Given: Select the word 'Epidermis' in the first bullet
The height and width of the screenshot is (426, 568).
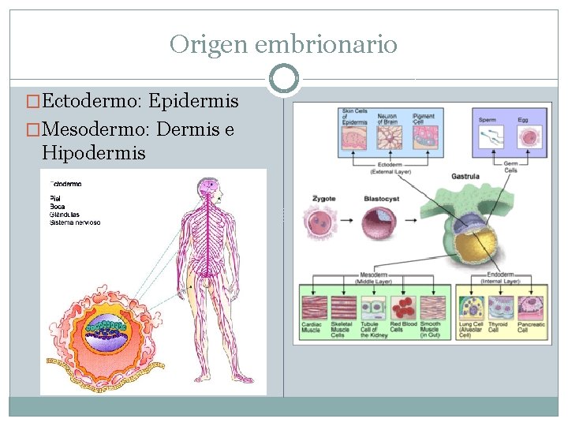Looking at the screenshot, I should coord(192,102).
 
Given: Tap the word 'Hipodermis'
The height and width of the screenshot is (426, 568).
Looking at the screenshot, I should coord(94,152).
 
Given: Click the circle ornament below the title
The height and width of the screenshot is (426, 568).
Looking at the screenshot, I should coord(283,79).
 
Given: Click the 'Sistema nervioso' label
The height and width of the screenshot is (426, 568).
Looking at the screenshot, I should coord(75,222).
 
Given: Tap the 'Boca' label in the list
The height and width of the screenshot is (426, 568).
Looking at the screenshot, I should coord(57,206).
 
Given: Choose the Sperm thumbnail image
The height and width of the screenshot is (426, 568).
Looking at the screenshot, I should coord(488,136).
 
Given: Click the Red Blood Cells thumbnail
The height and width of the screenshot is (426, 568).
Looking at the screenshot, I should coord(403,308).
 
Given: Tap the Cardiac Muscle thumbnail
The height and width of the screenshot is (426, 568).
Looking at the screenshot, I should coord(315,308).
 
